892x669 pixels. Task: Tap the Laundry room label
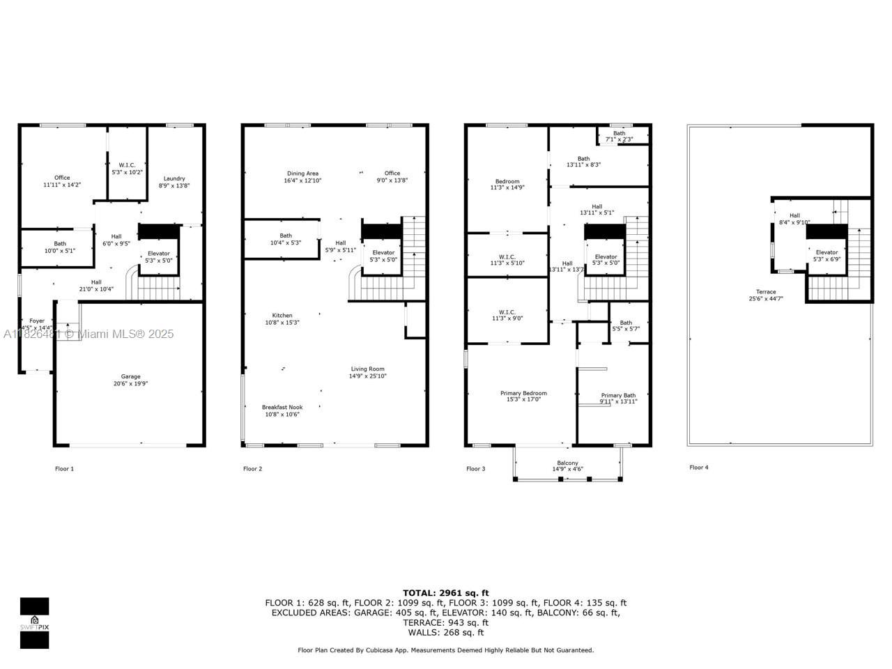[x=174, y=178]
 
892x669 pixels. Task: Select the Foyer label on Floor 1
[x=36, y=321]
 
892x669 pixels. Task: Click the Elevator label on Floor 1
[x=159, y=253]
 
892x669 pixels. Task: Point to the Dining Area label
[x=302, y=174]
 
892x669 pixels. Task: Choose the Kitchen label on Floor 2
[x=282, y=316]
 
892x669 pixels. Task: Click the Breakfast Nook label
[x=282, y=407]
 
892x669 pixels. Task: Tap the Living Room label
[x=367, y=369]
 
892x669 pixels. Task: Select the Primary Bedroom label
[x=523, y=393]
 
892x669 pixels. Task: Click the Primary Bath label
[x=618, y=395]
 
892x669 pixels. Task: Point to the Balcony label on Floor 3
[x=567, y=463]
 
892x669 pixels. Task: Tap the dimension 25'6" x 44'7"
[x=766, y=299]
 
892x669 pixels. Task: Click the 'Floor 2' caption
[x=252, y=469]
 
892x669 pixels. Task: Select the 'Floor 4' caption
[x=698, y=468]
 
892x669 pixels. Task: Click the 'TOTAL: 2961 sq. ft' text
[x=446, y=593]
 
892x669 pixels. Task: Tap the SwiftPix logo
[x=34, y=623]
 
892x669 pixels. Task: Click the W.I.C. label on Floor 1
[x=127, y=164]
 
